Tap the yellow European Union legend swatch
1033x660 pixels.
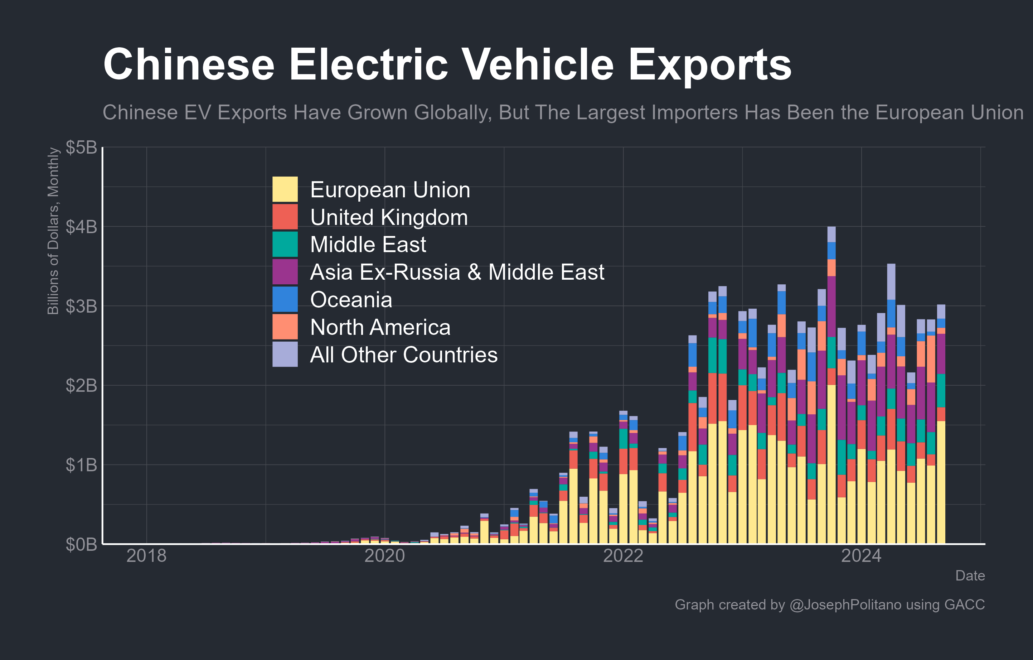pos(285,189)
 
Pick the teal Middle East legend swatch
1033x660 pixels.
pos(285,244)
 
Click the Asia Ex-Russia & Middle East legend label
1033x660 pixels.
pos(457,272)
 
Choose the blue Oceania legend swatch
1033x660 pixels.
pos(285,299)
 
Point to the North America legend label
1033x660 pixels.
pos(380,327)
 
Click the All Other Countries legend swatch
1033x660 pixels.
pos(285,354)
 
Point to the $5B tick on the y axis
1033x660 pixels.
pos(81,147)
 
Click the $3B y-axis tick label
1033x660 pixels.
pos(81,307)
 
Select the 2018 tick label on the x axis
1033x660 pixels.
pos(146,556)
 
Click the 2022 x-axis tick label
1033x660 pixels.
pos(623,556)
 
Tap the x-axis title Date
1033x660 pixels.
pos(970,575)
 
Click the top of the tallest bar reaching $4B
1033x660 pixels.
pos(831,228)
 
